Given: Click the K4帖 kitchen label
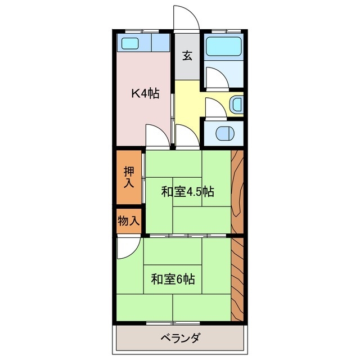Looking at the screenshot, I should click(x=145, y=93).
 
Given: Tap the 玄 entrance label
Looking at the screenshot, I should click(x=187, y=56).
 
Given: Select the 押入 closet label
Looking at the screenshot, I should click(x=129, y=177).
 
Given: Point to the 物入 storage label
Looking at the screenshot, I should click(x=129, y=220).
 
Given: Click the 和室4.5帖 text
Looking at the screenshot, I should click(x=188, y=191).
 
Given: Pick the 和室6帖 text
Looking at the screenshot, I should click(x=173, y=278).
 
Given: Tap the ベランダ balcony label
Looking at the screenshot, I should click(x=181, y=339).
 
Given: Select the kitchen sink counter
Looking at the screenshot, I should click(x=143, y=43).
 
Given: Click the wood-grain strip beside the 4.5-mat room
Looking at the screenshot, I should click(x=237, y=191).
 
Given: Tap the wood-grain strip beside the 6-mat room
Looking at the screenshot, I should click(x=237, y=278).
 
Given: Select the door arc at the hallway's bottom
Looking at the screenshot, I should click(x=186, y=136).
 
